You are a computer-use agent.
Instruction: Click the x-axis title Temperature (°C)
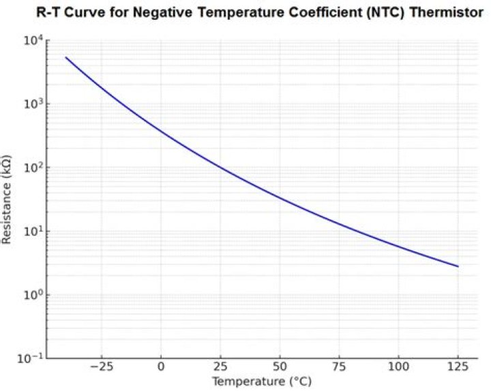click(262, 382)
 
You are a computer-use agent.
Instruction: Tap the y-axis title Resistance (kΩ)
click(8, 200)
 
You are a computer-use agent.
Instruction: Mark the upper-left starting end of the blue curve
click(66, 57)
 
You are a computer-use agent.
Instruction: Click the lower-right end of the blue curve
click(458, 266)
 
